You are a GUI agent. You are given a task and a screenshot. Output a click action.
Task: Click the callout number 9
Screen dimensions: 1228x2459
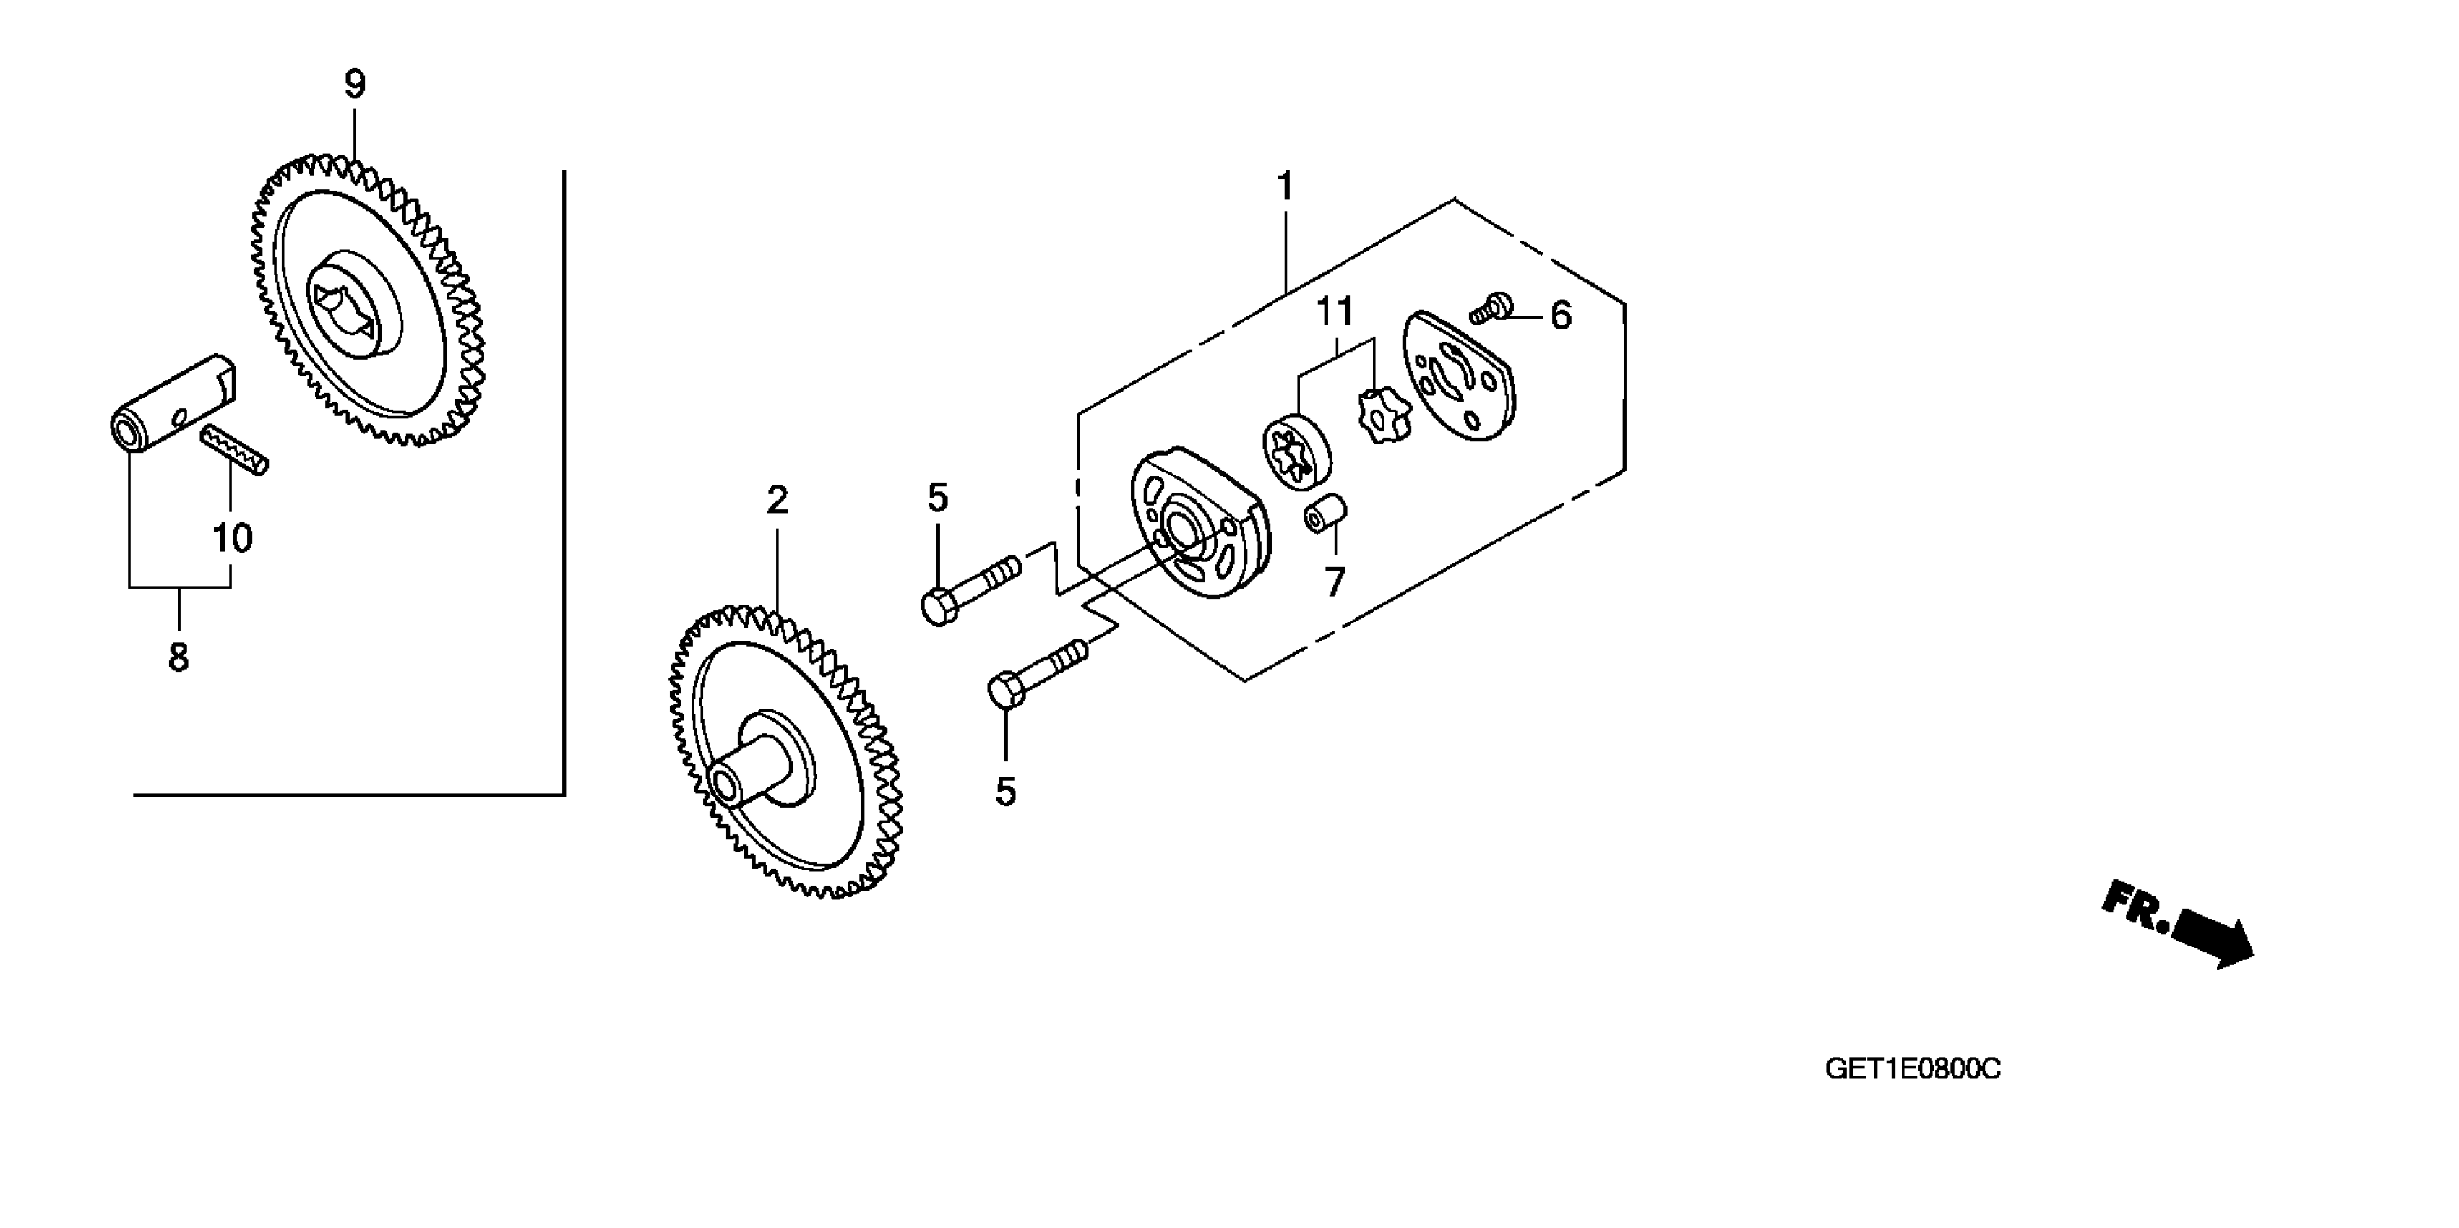pyautogui.click(x=355, y=85)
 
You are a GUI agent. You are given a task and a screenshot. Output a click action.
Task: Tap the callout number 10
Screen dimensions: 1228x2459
pyautogui.click(x=233, y=538)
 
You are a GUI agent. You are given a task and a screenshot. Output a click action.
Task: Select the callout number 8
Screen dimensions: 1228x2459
pyautogui.click(x=178, y=657)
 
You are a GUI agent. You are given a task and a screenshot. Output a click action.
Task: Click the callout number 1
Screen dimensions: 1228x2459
pyautogui.click(x=1285, y=187)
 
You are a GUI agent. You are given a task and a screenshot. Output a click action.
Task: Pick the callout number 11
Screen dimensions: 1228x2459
pyautogui.click(x=1335, y=311)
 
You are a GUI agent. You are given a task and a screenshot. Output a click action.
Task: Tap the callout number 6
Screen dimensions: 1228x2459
pyautogui.click(x=1560, y=316)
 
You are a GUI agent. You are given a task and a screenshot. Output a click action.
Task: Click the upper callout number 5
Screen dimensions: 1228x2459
pyautogui.click(x=937, y=498)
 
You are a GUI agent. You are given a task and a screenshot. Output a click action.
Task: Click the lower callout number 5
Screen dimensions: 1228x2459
pyautogui.click(x=1005, y=791)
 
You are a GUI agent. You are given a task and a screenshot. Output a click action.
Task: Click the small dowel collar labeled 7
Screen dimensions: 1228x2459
pyautogui.click(x=1325, y=514)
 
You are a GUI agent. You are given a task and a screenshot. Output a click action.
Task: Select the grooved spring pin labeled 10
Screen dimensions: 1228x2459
pyautogui.click(x=235, y=449)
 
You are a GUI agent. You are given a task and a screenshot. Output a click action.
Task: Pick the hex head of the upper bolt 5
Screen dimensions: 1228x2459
pyautogui.click(x=939, y=607)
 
